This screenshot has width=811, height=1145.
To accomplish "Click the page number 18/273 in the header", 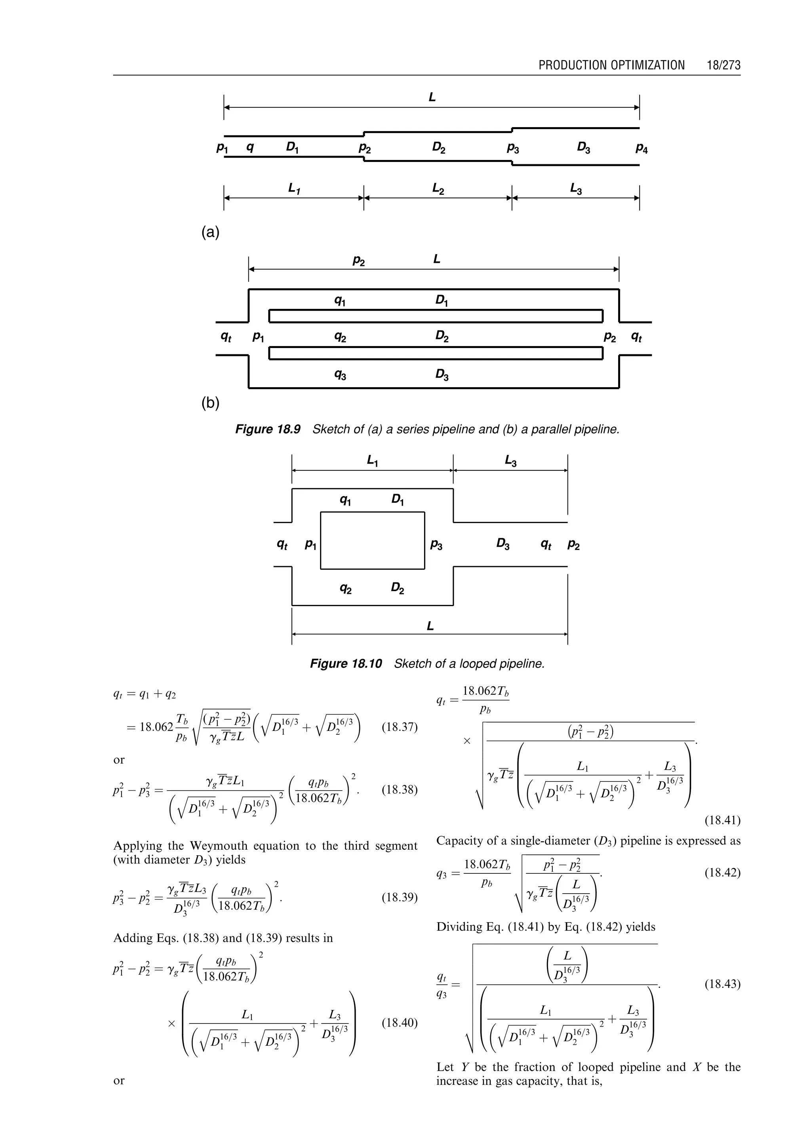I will pos(723,65).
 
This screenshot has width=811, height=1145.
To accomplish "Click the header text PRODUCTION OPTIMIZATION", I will pos(611,65).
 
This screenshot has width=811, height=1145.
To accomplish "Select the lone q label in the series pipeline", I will pos(250,147).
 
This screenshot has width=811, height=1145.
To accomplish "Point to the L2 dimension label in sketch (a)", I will pos(438,189).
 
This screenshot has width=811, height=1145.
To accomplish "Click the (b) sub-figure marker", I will pos(210,403).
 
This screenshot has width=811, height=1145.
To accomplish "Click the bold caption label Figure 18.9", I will pos(268,430).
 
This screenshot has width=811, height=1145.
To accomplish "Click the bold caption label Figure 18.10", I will pos(346,664).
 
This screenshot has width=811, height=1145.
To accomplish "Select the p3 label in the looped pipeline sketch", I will pos(436,545).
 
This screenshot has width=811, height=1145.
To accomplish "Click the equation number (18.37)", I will pos(399,727).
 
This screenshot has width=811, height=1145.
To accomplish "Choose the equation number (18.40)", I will pos(399,1023).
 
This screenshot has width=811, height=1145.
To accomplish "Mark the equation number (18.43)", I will pos(722,984).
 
